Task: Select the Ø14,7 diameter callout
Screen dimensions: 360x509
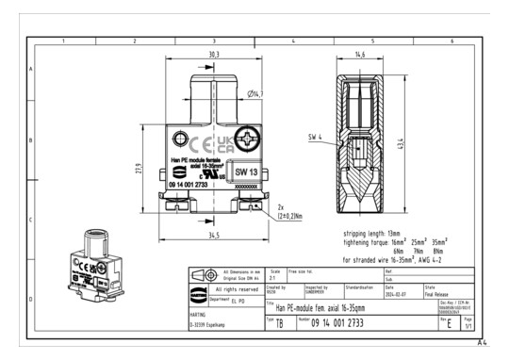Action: [x=254, y=94]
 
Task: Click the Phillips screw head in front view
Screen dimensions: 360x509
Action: [x=248, y=143]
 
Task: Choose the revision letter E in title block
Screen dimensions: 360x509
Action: [x=447, y=323]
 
